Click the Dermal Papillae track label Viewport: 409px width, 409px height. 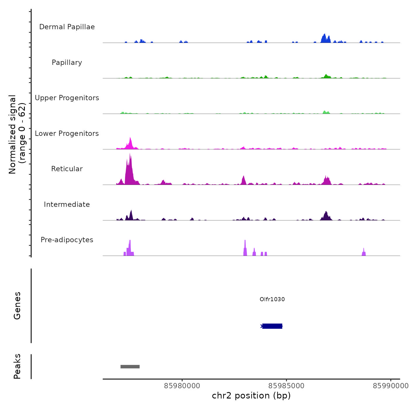[67, 27]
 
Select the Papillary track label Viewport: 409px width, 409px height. [67, 63]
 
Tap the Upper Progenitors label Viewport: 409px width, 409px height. [67, 98]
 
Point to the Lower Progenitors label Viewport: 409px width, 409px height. [67, 134]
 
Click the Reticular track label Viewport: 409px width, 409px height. [67, 169]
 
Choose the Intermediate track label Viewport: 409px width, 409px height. [67, 204]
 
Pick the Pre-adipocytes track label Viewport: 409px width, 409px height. [67, 240]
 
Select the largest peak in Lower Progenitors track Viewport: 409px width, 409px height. [130, 143]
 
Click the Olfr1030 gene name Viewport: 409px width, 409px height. [272, 299]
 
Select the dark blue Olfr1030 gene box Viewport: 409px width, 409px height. [272, 326]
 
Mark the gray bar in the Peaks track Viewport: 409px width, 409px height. [130, 367]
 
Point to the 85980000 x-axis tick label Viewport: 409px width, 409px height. [182, 386]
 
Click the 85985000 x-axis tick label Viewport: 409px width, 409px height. [286, 386]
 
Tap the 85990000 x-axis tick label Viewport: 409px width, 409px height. [391, 386]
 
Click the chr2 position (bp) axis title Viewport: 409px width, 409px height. [251, 396]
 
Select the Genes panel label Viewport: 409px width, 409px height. [17, 306]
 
